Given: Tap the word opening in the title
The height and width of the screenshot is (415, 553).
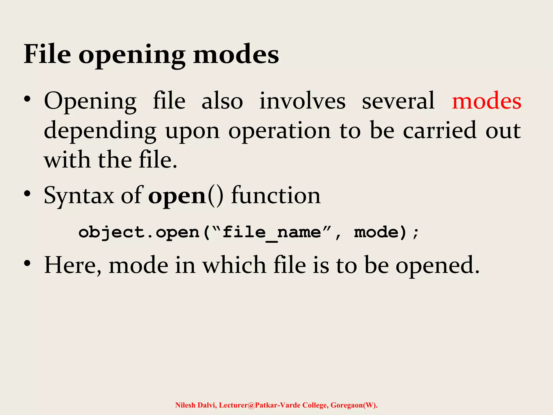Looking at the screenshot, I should click(132, 55).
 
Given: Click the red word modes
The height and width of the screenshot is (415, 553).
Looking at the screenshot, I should click(487, 101).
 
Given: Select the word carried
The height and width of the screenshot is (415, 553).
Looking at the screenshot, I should click(440, 130).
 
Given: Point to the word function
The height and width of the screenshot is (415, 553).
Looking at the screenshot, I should click(276, 195).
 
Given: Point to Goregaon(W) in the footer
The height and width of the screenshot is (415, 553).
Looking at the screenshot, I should click(354, 405).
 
